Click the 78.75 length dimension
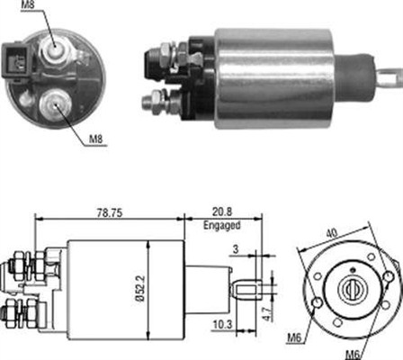click(110, 212)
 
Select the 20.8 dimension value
click(222, 211)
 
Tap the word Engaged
click(222, 225)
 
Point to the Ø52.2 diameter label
click(141, 289)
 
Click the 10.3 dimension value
click(222, 325)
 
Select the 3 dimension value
click(237, 249)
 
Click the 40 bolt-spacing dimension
click(332, 232)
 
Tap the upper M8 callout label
click(28, 5)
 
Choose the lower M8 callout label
click(96, 139)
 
